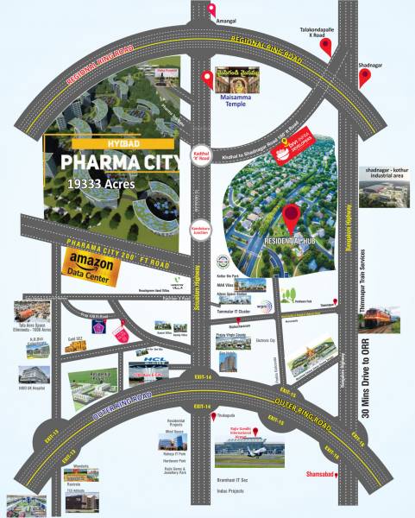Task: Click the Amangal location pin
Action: click(211, 10)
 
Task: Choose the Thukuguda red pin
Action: click(211, 418)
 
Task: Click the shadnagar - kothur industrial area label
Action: click(385, 175)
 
